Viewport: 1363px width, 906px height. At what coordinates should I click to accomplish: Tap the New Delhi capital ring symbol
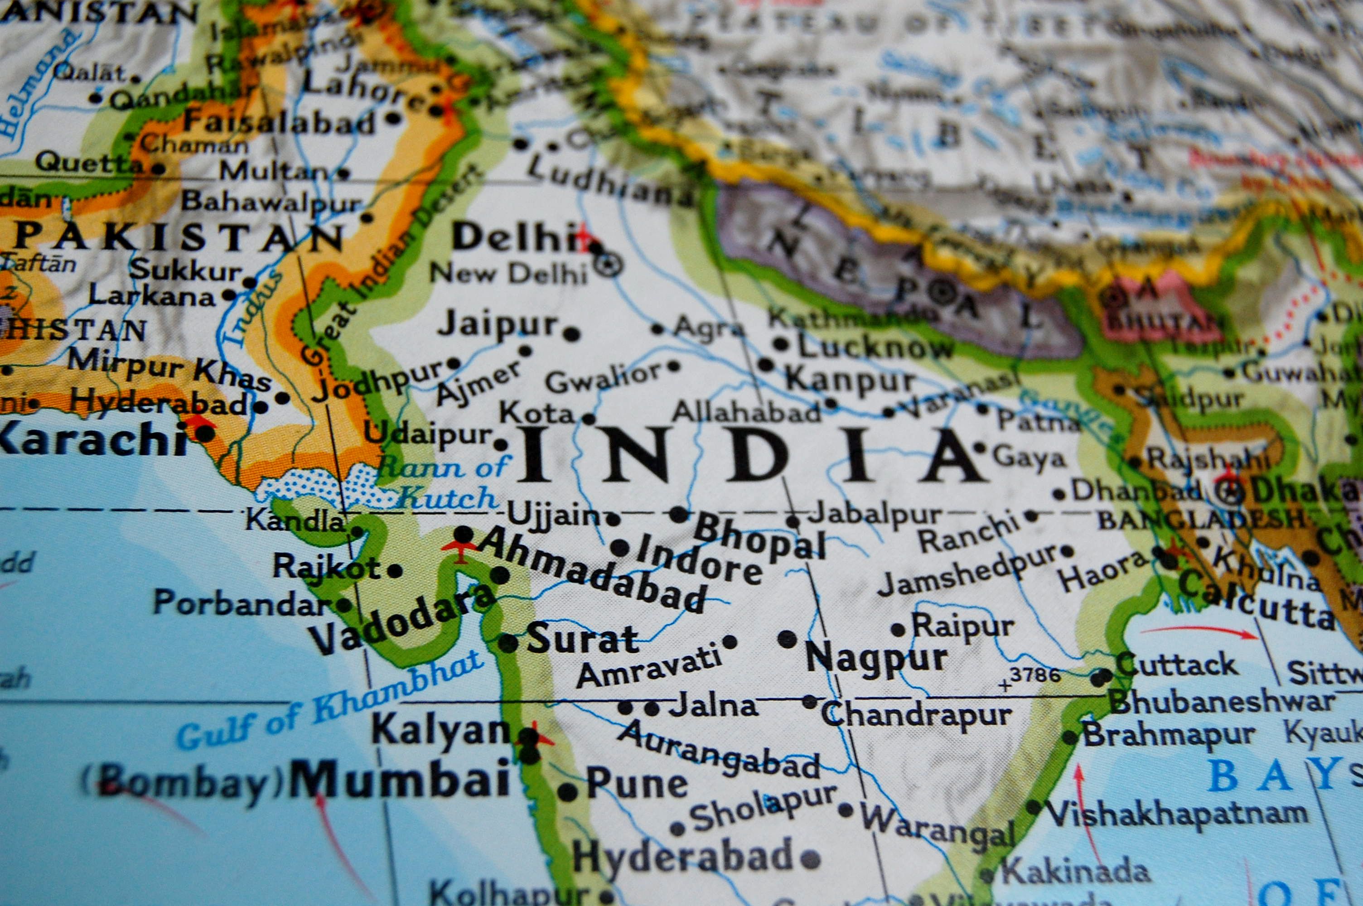(x=609, y=265)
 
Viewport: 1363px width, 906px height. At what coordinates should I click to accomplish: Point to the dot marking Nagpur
(x=787, y=639)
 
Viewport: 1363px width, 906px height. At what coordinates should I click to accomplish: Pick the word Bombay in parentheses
(x=183, y=784)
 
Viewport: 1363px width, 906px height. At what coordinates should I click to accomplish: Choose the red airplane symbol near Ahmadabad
(x=459, y=549)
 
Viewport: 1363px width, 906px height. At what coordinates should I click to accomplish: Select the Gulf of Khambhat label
(x=329, y=702)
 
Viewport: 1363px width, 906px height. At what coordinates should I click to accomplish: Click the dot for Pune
(x=567, y=791)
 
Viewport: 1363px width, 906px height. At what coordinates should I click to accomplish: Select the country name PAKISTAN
(x=179, y=236)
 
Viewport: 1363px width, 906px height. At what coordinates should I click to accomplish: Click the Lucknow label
(x=875, y=347)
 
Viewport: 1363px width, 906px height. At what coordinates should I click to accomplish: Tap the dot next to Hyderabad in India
(x=810, y=859)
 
